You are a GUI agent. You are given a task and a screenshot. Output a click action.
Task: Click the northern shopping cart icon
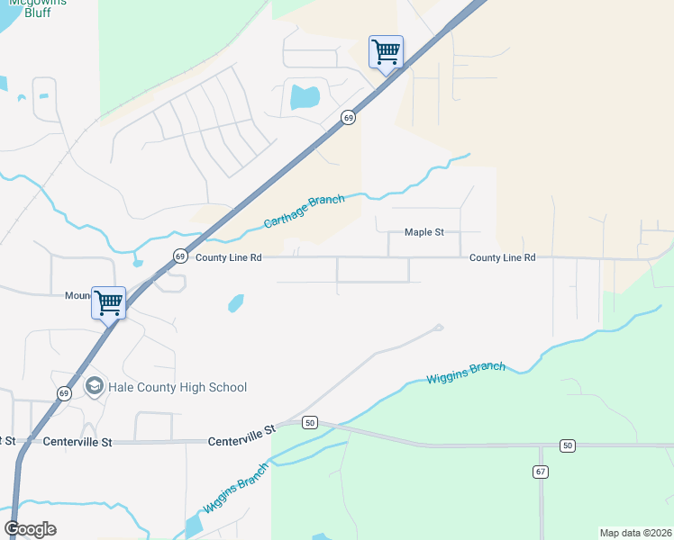coord(386,51)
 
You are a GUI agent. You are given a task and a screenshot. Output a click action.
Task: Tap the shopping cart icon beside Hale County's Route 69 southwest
coord(108,302)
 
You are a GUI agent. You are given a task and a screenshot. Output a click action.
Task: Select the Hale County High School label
coord(178,387)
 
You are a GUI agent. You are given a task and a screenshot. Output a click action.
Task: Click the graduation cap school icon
coord(94,386)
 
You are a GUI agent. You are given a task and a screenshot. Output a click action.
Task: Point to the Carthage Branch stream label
coord(304,211)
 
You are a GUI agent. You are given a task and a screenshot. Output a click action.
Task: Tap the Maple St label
coord(424,232)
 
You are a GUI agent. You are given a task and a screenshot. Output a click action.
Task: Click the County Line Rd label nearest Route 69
coord(228,257)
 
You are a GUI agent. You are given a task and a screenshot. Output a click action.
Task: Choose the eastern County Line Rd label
coord(502,257)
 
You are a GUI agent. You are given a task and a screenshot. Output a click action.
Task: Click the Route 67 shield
coord(541,472)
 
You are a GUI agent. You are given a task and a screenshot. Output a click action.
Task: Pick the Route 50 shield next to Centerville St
coord(310,422)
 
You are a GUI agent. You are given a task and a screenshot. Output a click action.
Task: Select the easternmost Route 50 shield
coord(567,445)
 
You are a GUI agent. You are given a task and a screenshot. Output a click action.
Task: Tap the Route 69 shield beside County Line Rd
coord(180,256)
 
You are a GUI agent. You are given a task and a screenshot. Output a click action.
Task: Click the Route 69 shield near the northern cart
coord(348,117)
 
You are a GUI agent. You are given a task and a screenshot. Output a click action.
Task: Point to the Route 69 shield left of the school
coord(64,393)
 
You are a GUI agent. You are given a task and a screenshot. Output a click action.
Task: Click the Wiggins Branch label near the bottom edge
coord(236,488)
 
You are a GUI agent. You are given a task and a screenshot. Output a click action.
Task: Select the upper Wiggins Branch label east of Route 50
coord(466,373)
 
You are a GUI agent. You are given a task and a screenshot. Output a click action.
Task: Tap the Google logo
coord(30,528)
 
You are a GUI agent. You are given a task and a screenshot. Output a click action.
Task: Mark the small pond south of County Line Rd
coord(236,302)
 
